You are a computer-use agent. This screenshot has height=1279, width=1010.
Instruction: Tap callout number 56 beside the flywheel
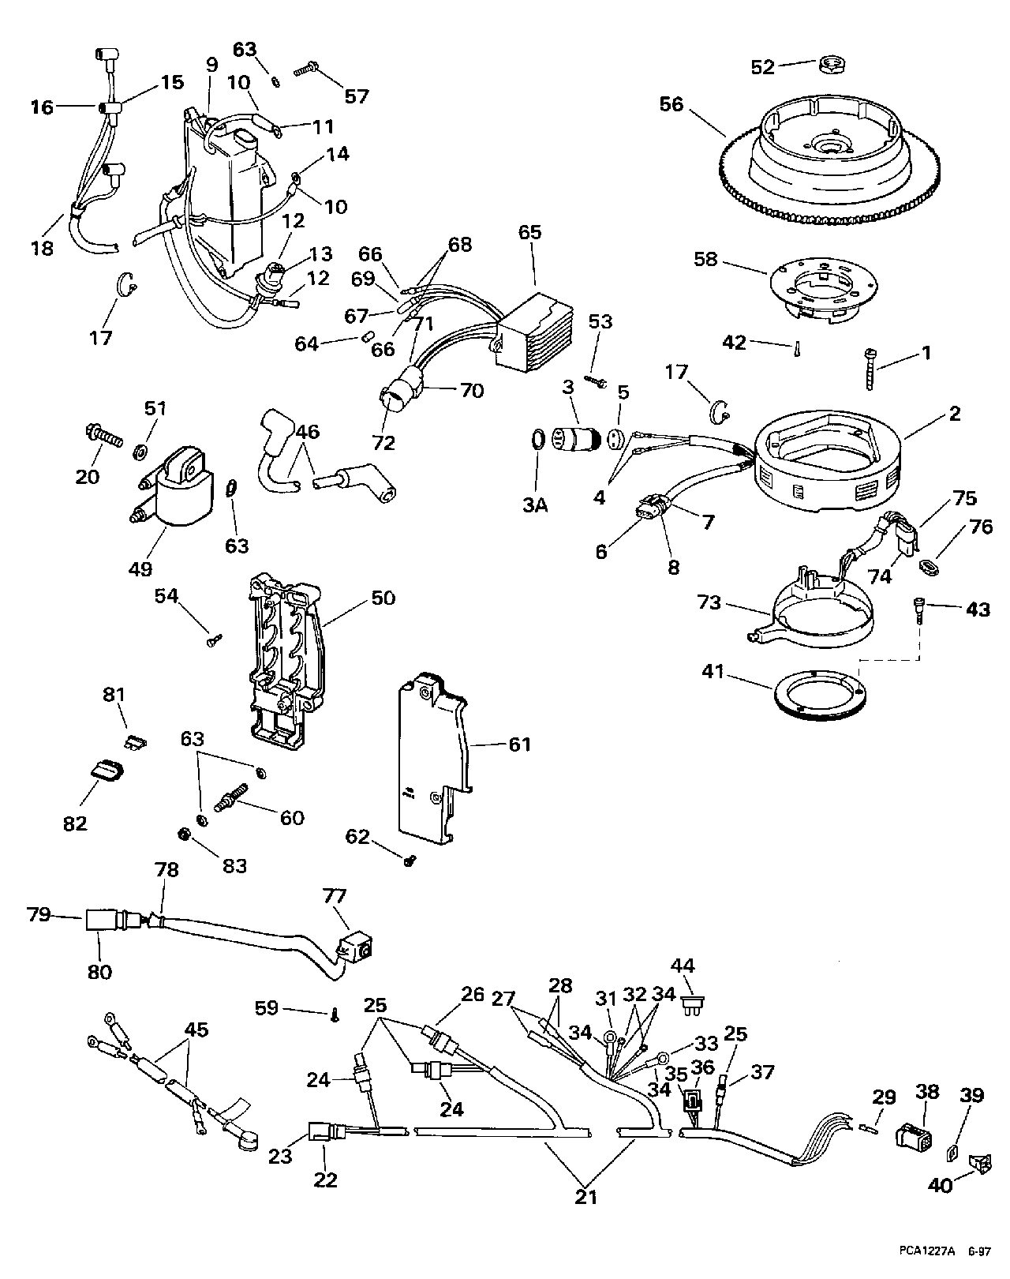coord(671,104)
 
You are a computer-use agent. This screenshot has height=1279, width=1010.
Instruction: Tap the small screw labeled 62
coord(410,862)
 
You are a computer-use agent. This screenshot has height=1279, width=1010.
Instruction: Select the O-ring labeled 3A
coord(535,440)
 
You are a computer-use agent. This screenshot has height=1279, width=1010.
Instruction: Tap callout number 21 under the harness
coord(585,1197)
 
